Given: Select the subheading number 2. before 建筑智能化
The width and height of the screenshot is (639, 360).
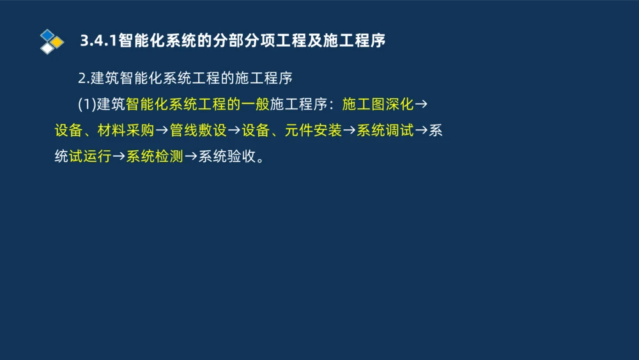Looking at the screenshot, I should (x=83, y=79).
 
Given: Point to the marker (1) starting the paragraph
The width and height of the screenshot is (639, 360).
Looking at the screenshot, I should (x=86, y=104).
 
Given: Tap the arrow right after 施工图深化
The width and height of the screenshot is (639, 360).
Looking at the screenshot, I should (x=421, y=104).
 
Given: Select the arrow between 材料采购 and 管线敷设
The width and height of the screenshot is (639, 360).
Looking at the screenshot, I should (x=162, y=131).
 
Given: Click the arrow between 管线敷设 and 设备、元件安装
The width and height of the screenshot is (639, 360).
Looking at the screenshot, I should (x=234, y=131).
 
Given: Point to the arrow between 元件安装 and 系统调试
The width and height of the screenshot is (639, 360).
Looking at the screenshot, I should (x=349, y=131).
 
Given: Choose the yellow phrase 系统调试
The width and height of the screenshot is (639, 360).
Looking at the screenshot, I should (x=385, y=131).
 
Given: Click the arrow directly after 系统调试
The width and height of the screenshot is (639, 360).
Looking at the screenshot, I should (x=421, y=131).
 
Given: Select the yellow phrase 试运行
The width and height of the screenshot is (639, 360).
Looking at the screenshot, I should (x=90, y=157).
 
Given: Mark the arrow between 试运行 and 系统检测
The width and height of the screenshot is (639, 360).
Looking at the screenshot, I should (x=119, y=157).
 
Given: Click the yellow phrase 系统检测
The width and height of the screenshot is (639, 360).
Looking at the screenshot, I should (x=155, y=157).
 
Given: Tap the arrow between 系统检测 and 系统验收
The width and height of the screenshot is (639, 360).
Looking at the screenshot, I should (x=190, y=157).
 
